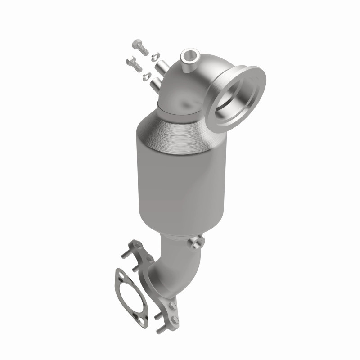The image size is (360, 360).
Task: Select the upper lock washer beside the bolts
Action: [154, 56]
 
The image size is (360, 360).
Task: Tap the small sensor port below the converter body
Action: [195, 244]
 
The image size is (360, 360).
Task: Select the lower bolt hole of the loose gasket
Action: [142, 320]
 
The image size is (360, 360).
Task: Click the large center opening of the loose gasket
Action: [130, 297]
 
